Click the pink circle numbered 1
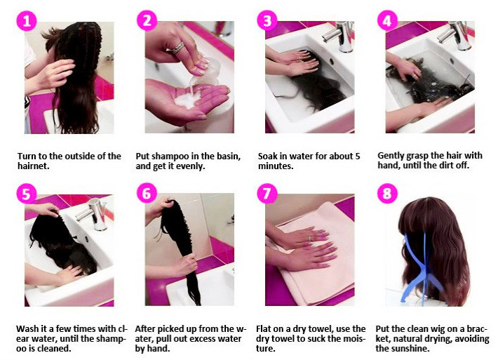click(x=27, y=21)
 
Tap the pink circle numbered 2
click(x=147, y=21)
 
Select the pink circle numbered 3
click(x=267, y=21)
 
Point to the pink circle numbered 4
click(x=387, y=21)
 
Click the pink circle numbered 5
click(x=27, y=194)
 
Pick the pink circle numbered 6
click(x=147, y=194)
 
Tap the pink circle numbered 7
click(x=267, y=194)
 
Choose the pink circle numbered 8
click(x=387, y=194)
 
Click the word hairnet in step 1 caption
click(x=32, y=166)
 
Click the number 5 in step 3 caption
click(x=357, y=156)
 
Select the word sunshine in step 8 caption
click(x=412, y=348)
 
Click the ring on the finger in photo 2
click(x=177, y=48)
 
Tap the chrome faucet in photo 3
click(x=340, y=36)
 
